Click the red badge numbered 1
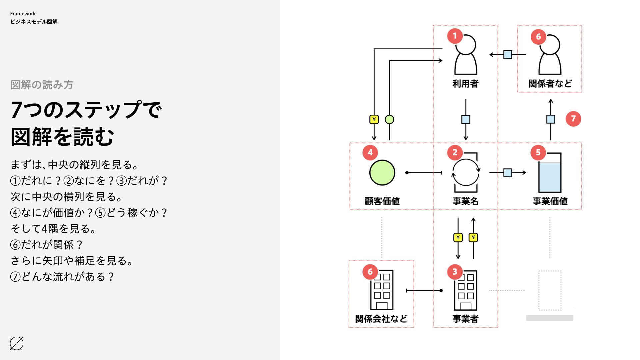click(455, 36)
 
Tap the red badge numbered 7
click(573, 119)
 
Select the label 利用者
click(465, 84)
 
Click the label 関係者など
click(550, 84)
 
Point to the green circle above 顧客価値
click(382, 173)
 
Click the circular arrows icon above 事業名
click(466, 173)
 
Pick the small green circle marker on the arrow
click(389, 119)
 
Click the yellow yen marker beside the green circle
click(374, 119)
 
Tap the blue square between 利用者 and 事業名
click(466, 119)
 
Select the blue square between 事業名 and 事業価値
click(508, 173)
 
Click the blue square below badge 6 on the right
click(551, 119)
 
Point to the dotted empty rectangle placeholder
click(550, 291)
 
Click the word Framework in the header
click(23, 14)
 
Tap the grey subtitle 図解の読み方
click(42, 85)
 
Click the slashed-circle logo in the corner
click(17, 343)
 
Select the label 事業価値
click(550, 201)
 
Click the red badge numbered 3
click(455, 272)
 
